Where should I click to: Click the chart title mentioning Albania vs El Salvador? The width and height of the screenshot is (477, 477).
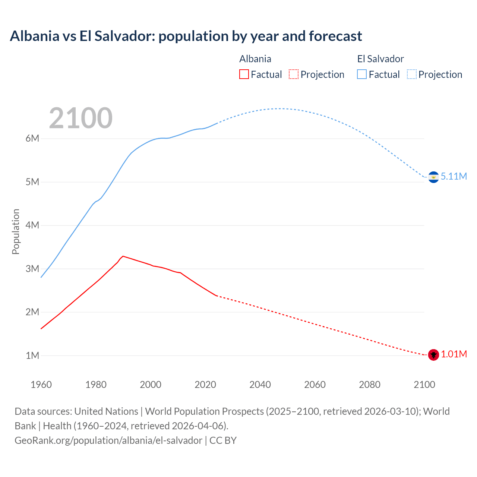[186, 36]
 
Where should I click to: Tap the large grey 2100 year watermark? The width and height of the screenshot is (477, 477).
[80, 118]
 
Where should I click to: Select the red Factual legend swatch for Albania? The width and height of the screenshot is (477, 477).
[244, 75]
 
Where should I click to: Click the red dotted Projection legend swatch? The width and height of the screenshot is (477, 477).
[293, 75]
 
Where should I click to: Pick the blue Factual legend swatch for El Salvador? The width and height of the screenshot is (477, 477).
[361, 75]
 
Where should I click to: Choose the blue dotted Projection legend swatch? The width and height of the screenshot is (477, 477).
[411, 75]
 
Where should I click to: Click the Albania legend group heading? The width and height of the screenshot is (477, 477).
[255, 59]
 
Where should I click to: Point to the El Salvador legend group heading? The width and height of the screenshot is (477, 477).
[380, 59]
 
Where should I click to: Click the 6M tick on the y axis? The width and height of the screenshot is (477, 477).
[32, 138]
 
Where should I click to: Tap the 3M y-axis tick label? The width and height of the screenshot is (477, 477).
[32, 269]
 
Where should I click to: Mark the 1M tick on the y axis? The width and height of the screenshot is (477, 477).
[32, 356]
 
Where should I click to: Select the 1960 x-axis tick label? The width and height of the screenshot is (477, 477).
[41, 385]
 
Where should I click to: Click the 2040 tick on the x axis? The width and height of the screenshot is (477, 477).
[260, 385]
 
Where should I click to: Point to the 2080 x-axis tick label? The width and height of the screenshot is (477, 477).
[370, 385]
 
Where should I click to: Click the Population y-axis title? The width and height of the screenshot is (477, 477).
[16, 231]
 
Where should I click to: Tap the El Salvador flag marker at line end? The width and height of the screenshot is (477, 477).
[433, 177]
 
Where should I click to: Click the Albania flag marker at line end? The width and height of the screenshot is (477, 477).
[433, 355]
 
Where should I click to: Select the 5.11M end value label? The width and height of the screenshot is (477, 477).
[454, 177]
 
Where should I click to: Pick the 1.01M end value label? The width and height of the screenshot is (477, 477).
[454, 354]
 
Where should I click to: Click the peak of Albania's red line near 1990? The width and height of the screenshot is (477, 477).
[123, 256]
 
